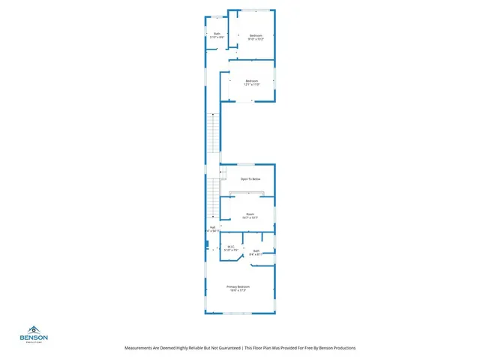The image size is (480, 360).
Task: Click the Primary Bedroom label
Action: click(238, 286)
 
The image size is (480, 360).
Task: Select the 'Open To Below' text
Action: click(250, 178)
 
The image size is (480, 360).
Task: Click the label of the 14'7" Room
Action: click(250, 214)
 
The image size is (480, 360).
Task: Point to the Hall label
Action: click(212, 227)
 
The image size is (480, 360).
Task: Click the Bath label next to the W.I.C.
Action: click(256, 250)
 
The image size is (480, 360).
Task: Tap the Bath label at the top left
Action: click(217, 34)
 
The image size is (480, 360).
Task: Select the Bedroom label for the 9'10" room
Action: click(256, 35)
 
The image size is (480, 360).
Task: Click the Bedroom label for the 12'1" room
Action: click(251, 81)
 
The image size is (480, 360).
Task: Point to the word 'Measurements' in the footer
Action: click(141, 348)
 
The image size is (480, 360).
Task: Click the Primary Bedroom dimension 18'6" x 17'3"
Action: click(238, 290)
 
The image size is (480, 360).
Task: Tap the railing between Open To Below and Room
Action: click(247, 192)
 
